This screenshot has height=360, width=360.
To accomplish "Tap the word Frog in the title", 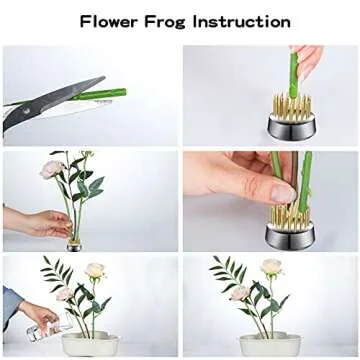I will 176,21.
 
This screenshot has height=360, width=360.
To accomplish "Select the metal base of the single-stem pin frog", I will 292,126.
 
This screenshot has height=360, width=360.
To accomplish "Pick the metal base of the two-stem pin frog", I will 290,236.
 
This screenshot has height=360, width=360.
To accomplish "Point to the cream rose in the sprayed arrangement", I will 95,271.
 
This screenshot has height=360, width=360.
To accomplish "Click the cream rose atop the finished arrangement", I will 271,267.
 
